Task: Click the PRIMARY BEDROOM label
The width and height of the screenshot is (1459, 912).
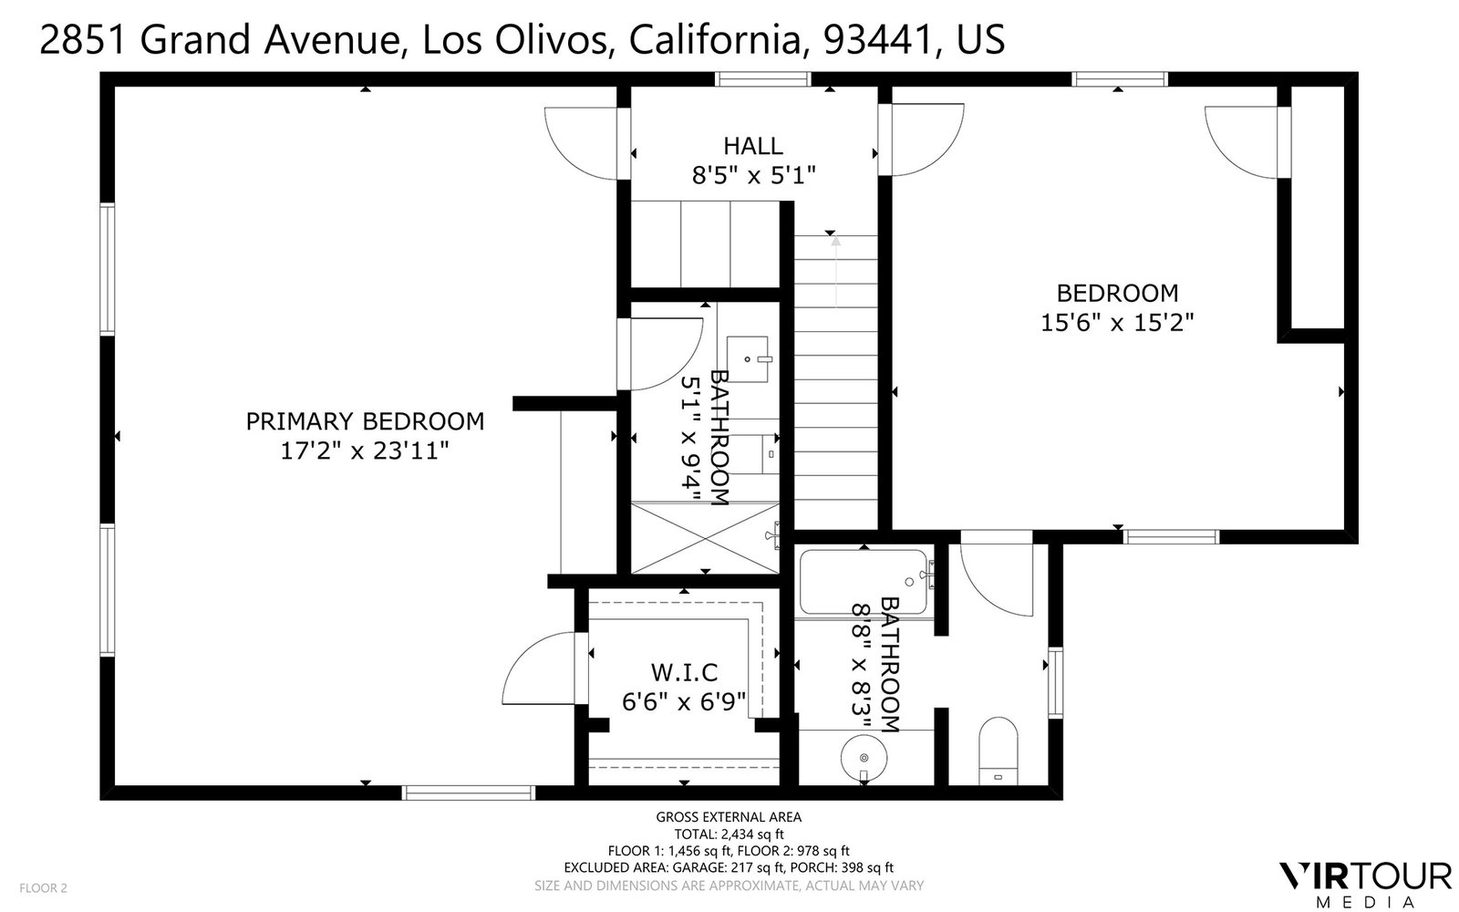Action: coord(365,421)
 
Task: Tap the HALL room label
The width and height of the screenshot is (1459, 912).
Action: coord(753,146)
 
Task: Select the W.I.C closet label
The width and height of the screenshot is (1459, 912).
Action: coord(684,672)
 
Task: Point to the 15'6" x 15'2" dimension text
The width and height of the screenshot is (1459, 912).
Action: coord(1117,323)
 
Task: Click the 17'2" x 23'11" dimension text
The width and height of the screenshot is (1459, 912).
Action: coord(365,451)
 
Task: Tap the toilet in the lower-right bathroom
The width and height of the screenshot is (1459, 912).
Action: coord(999,751)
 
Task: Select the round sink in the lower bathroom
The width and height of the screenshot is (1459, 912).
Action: coord(864,758)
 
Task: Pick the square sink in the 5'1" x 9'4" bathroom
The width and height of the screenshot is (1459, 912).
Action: coord(748,359)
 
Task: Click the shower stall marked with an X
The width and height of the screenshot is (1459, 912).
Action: coord(706,538)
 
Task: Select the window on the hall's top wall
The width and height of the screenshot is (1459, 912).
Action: coord(762,79)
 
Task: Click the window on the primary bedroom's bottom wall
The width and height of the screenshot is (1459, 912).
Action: coord(469,793)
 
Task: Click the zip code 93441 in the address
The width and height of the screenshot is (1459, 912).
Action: coord(877,39)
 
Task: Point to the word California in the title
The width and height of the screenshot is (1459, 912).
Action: coord(715,39)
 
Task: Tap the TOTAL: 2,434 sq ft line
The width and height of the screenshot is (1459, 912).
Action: coord(729,834)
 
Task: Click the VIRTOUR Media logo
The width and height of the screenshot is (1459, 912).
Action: coord(1366,885)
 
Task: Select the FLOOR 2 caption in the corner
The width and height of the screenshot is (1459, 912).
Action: coord(43,888)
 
